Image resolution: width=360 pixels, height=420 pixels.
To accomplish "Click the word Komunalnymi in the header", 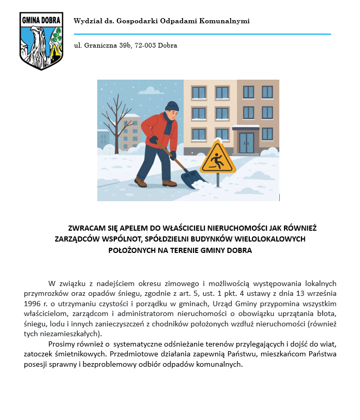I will (x=228, y=21).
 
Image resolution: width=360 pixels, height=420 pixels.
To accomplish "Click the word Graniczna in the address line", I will (x=101, y=46).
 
